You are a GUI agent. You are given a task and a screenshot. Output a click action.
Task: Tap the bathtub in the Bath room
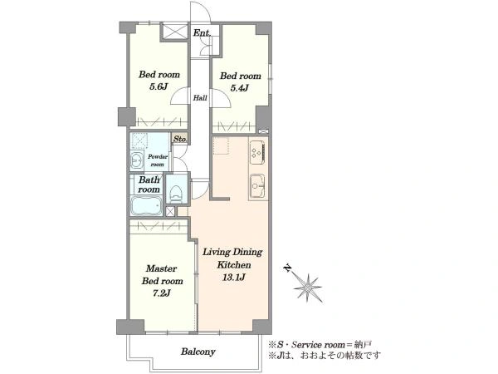(146, 205)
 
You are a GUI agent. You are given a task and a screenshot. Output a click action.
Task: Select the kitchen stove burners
(257, 152)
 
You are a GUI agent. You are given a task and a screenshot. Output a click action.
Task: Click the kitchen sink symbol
(257, 187)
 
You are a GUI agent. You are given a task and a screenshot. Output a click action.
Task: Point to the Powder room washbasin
(137, 160)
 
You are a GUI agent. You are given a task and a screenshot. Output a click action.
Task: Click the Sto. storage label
(180, 139)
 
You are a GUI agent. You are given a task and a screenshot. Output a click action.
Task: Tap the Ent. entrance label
(202, 32)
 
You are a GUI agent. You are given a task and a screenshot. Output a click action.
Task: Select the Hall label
(200, 97)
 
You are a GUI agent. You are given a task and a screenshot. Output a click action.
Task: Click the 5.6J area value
(159, 86)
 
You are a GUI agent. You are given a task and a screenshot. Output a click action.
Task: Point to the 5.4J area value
(239, 88)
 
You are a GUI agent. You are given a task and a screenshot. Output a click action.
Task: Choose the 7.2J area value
(162, 293)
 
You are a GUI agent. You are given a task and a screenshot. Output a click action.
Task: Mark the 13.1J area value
(233, 278)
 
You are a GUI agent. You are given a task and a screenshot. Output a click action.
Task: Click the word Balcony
(198, 352)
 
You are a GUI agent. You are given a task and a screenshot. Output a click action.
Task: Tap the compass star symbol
(307, 288)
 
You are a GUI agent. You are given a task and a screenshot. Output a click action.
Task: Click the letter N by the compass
(287, 268)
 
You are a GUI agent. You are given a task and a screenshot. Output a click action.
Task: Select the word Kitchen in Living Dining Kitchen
(234, 264)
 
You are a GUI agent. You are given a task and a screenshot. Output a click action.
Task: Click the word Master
(161, 268)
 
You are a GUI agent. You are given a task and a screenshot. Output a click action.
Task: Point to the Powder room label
(158, 160)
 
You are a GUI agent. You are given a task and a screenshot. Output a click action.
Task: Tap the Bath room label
(149, 185)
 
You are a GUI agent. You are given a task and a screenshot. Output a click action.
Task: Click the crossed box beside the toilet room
(170, 211)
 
